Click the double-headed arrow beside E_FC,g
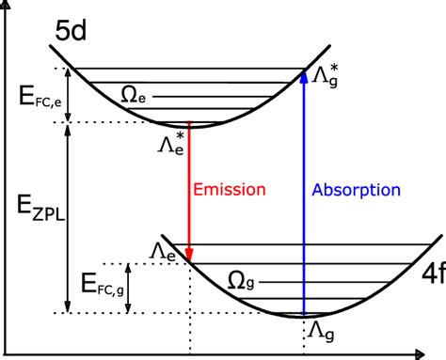click(129, 288)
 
